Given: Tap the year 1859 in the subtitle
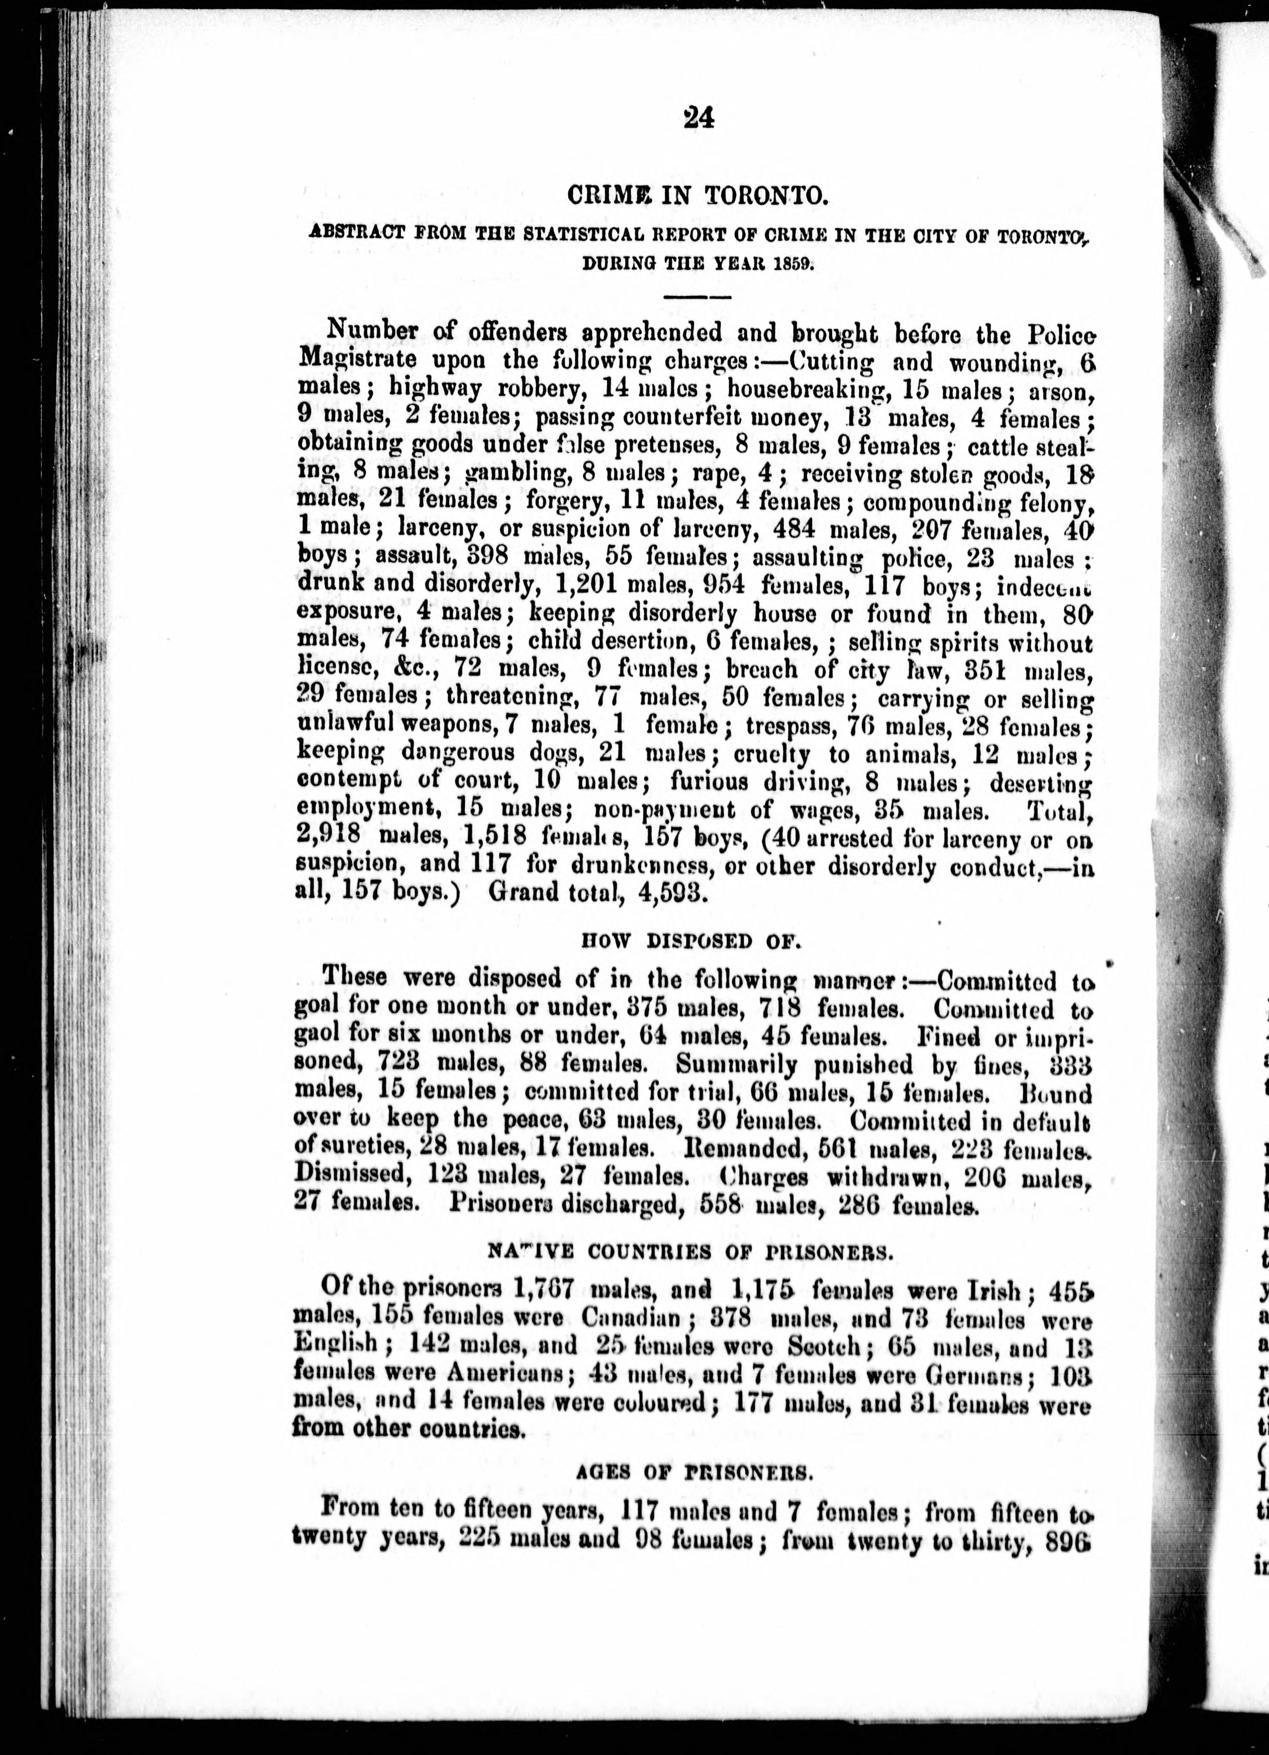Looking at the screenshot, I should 790,263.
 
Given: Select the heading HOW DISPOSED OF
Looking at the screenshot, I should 690,941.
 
